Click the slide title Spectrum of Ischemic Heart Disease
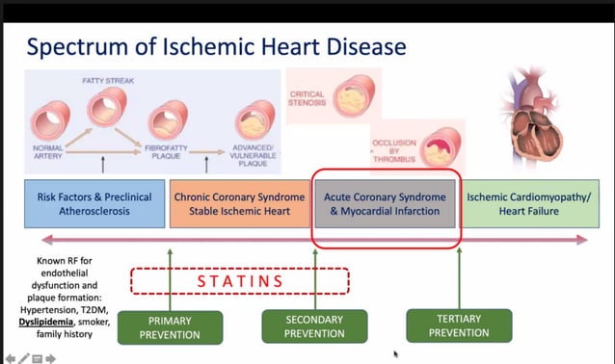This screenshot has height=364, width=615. pyautogui.click(x=216, y=46)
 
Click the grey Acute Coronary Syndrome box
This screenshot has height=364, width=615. pyautogui.click(x=385, y=204)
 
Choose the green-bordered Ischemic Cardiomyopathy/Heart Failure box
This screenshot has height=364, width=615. pyautogui.click(x=527, y=204)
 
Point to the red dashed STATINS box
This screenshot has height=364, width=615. pyautogui.click(x=239, y=280)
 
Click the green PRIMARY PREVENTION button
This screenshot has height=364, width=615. pyautogui.click(x=169, y=327)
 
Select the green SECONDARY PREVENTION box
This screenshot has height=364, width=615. pyautogui.click(x=314, y=326)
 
